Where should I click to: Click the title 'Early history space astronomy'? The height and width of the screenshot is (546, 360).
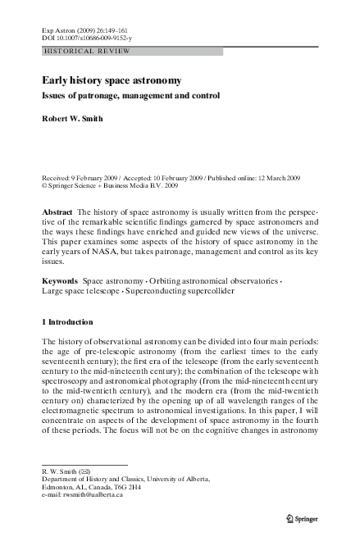[x=112, y=81]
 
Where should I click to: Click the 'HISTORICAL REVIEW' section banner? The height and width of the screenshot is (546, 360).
[x=77, y=51]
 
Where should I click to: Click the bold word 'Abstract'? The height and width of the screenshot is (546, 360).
[x=57, y=212]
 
